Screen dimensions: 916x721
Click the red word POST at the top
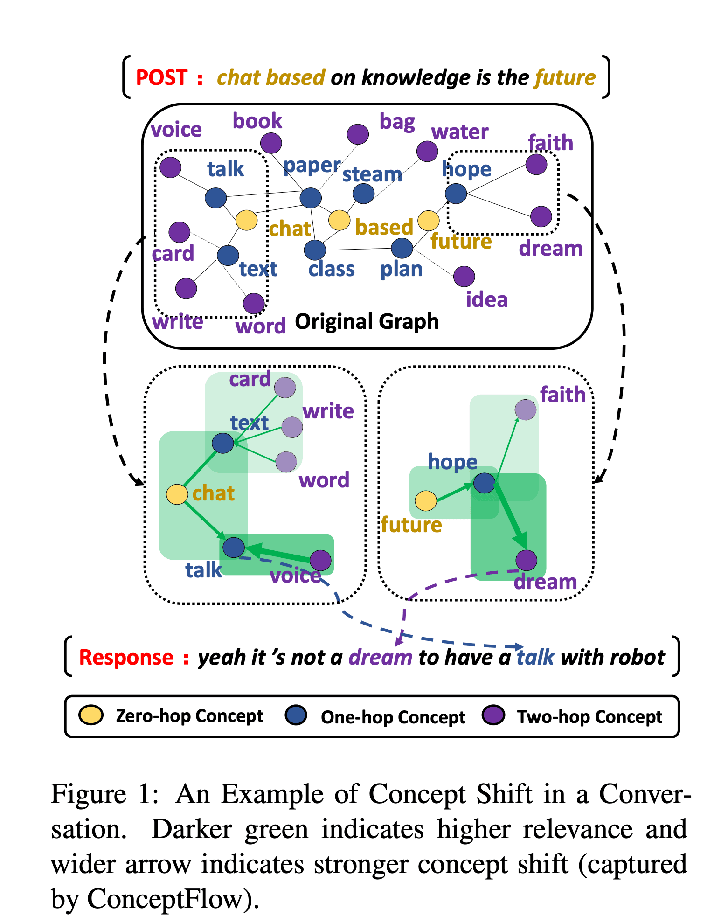(x=161, y=77)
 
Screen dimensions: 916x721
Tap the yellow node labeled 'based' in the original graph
(x=339, y=220)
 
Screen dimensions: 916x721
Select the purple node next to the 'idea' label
(x=464, y=277)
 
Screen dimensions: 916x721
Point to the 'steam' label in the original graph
(x=372, y=174)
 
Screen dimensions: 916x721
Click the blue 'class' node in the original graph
(x=315, y=250)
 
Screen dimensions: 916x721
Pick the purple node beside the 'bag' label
(x=358, y=134)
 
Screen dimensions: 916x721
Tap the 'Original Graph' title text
(x=367, y=321)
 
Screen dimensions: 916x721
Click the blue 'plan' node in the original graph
(x=402, y=248)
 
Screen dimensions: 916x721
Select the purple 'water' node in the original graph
(x=427, y=151)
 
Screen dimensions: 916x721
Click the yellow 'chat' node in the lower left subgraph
(x=177, y=494)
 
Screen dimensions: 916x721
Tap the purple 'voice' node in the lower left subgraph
(x=320, y=560)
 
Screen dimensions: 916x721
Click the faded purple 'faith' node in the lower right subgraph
(x=525, y=409)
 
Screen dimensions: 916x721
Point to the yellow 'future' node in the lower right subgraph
(x=425, y=500)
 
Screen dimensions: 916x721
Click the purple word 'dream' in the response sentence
(x=381, y=658)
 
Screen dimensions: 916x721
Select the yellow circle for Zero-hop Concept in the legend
(x=91, y=715)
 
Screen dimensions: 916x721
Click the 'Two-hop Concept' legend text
(x=589, y=716)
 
